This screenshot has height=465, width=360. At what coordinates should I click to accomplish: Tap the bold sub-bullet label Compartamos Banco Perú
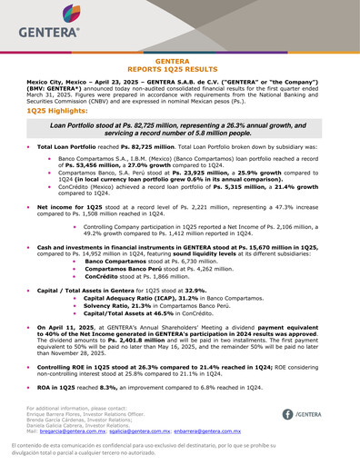pos(125,270)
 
